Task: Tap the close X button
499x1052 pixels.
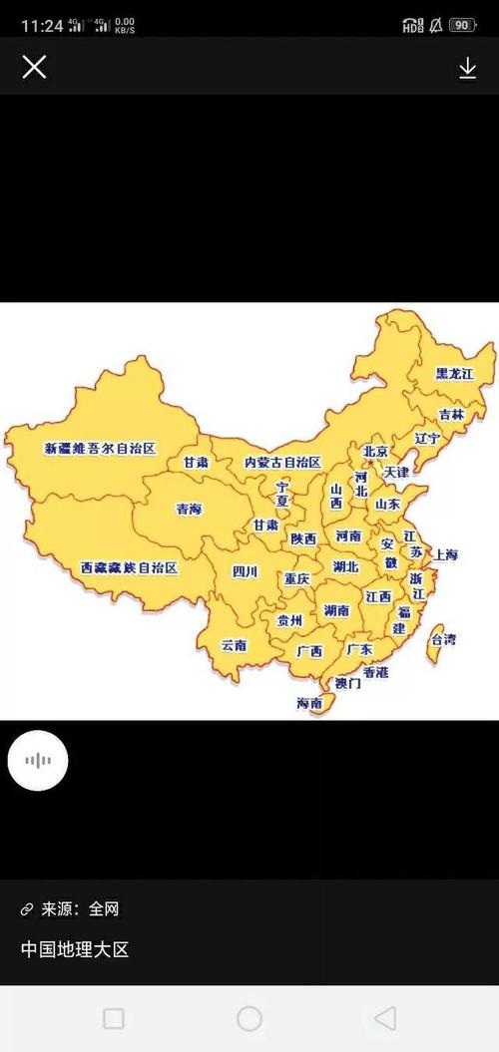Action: tap(34, 67)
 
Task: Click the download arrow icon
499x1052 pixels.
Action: tap(467, 67)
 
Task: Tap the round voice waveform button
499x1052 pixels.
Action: tap(38, 761)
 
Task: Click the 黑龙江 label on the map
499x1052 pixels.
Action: tap(454, 373)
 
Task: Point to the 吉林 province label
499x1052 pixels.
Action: tap(451, 414)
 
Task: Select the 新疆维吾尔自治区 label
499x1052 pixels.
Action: tap(101, 449)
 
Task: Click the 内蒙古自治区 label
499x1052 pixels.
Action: tap(282, 463)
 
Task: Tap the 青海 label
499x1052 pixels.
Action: tap(189, 509)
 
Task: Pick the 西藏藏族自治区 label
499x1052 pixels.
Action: tap(129, 567)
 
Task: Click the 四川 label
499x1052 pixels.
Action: tap(245, 572)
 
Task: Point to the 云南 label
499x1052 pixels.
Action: tap(235, 645)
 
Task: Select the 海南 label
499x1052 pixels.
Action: tap(309, 703)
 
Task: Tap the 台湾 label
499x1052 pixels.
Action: tap(443, 639)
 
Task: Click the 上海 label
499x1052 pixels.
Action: tap(445, 554)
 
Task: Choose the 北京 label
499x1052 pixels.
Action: tap(375, 451)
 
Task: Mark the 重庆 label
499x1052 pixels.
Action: tap(296, 578)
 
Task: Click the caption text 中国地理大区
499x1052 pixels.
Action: tap(75, 949)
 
